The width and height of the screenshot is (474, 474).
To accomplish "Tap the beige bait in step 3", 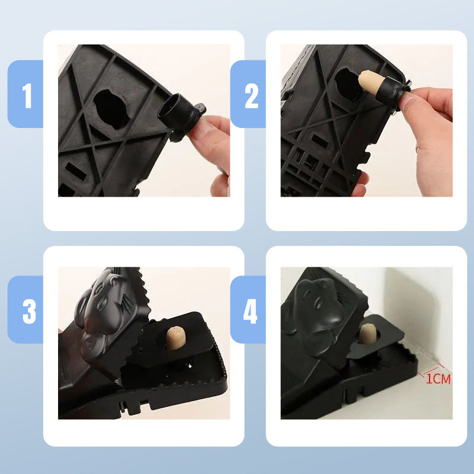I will (176, 336).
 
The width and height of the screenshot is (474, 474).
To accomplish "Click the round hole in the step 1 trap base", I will (111, 110).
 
